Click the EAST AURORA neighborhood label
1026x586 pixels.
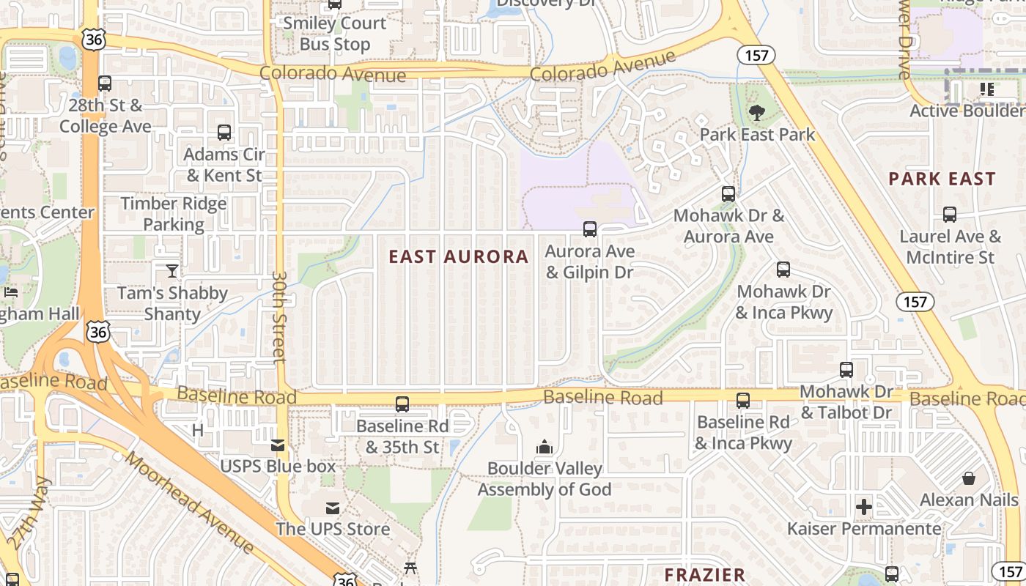pyautogui.click(x=459, y=256)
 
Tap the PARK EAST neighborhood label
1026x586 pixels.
pyautogui.click(x=942, y=179)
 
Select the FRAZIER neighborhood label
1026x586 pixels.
pyautogui.click(x=704, y=575)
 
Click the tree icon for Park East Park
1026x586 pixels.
pyautogui.click(x=757, y=113)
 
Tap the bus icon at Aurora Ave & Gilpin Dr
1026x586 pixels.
pyautogui.click(x=590, y=229)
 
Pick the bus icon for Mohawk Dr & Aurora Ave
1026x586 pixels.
pyautogui.click(x=728, y=194)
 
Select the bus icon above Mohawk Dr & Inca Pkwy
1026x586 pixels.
pyautogui.click(x=783, y=270)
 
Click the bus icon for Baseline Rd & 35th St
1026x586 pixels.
pyautogui.click(x=402, y=404)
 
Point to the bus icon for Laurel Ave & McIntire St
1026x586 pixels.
pyautogui.click(x=949, y=215)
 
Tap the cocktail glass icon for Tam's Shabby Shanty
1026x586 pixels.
pyautogui.click(x=171, y=271)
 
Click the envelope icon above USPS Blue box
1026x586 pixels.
pyautogui.click(x=278, y=445)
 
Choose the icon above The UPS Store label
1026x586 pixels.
pyautogui.click(x=333, y=508)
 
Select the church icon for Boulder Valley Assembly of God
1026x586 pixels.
pyautogui.click(x=544, y=447)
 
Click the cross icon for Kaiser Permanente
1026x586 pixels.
pyautogui.click(x=864, y=506)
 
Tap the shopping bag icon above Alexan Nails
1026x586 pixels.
pyautogui.click(x=969, y=479)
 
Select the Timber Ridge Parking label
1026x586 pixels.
pyautogui.click(x=174, y=213)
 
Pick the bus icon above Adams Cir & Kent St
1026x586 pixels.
pyautogui.click(x=224, y=133)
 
